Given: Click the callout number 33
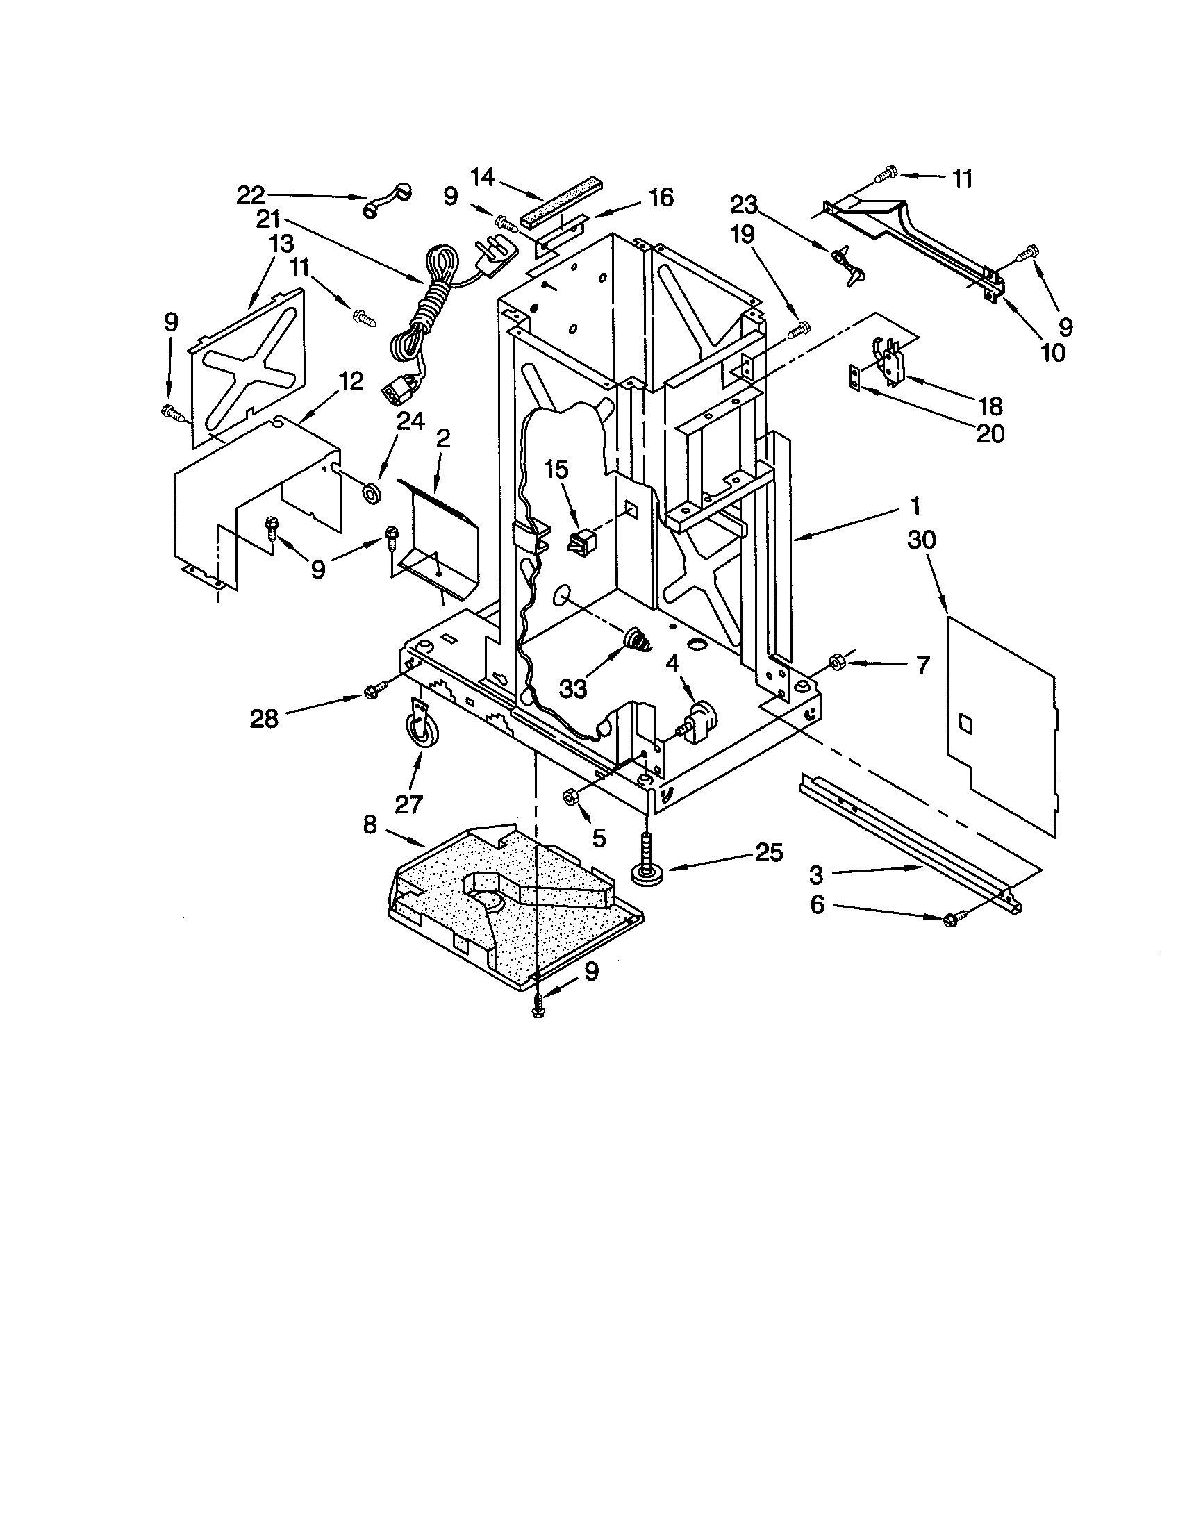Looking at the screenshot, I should click(573, 689).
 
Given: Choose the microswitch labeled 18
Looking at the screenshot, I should click(885, 364).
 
